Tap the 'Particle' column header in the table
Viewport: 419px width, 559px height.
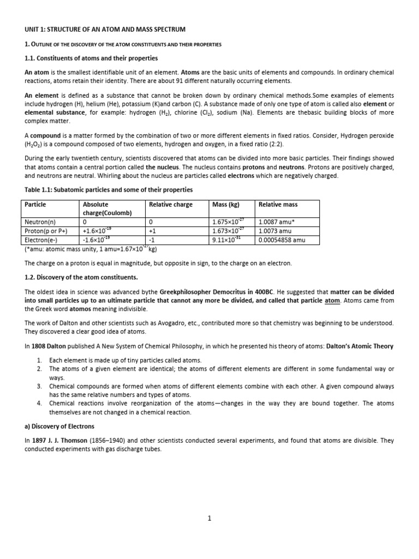35,205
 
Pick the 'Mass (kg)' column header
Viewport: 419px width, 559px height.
225,205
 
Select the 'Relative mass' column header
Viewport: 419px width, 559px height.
278,205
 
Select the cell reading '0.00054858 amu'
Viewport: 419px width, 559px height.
284,239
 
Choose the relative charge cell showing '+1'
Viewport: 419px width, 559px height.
152,231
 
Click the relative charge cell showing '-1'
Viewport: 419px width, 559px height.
152,239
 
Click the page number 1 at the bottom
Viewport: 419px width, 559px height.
209,519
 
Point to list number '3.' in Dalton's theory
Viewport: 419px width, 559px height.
40,386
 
